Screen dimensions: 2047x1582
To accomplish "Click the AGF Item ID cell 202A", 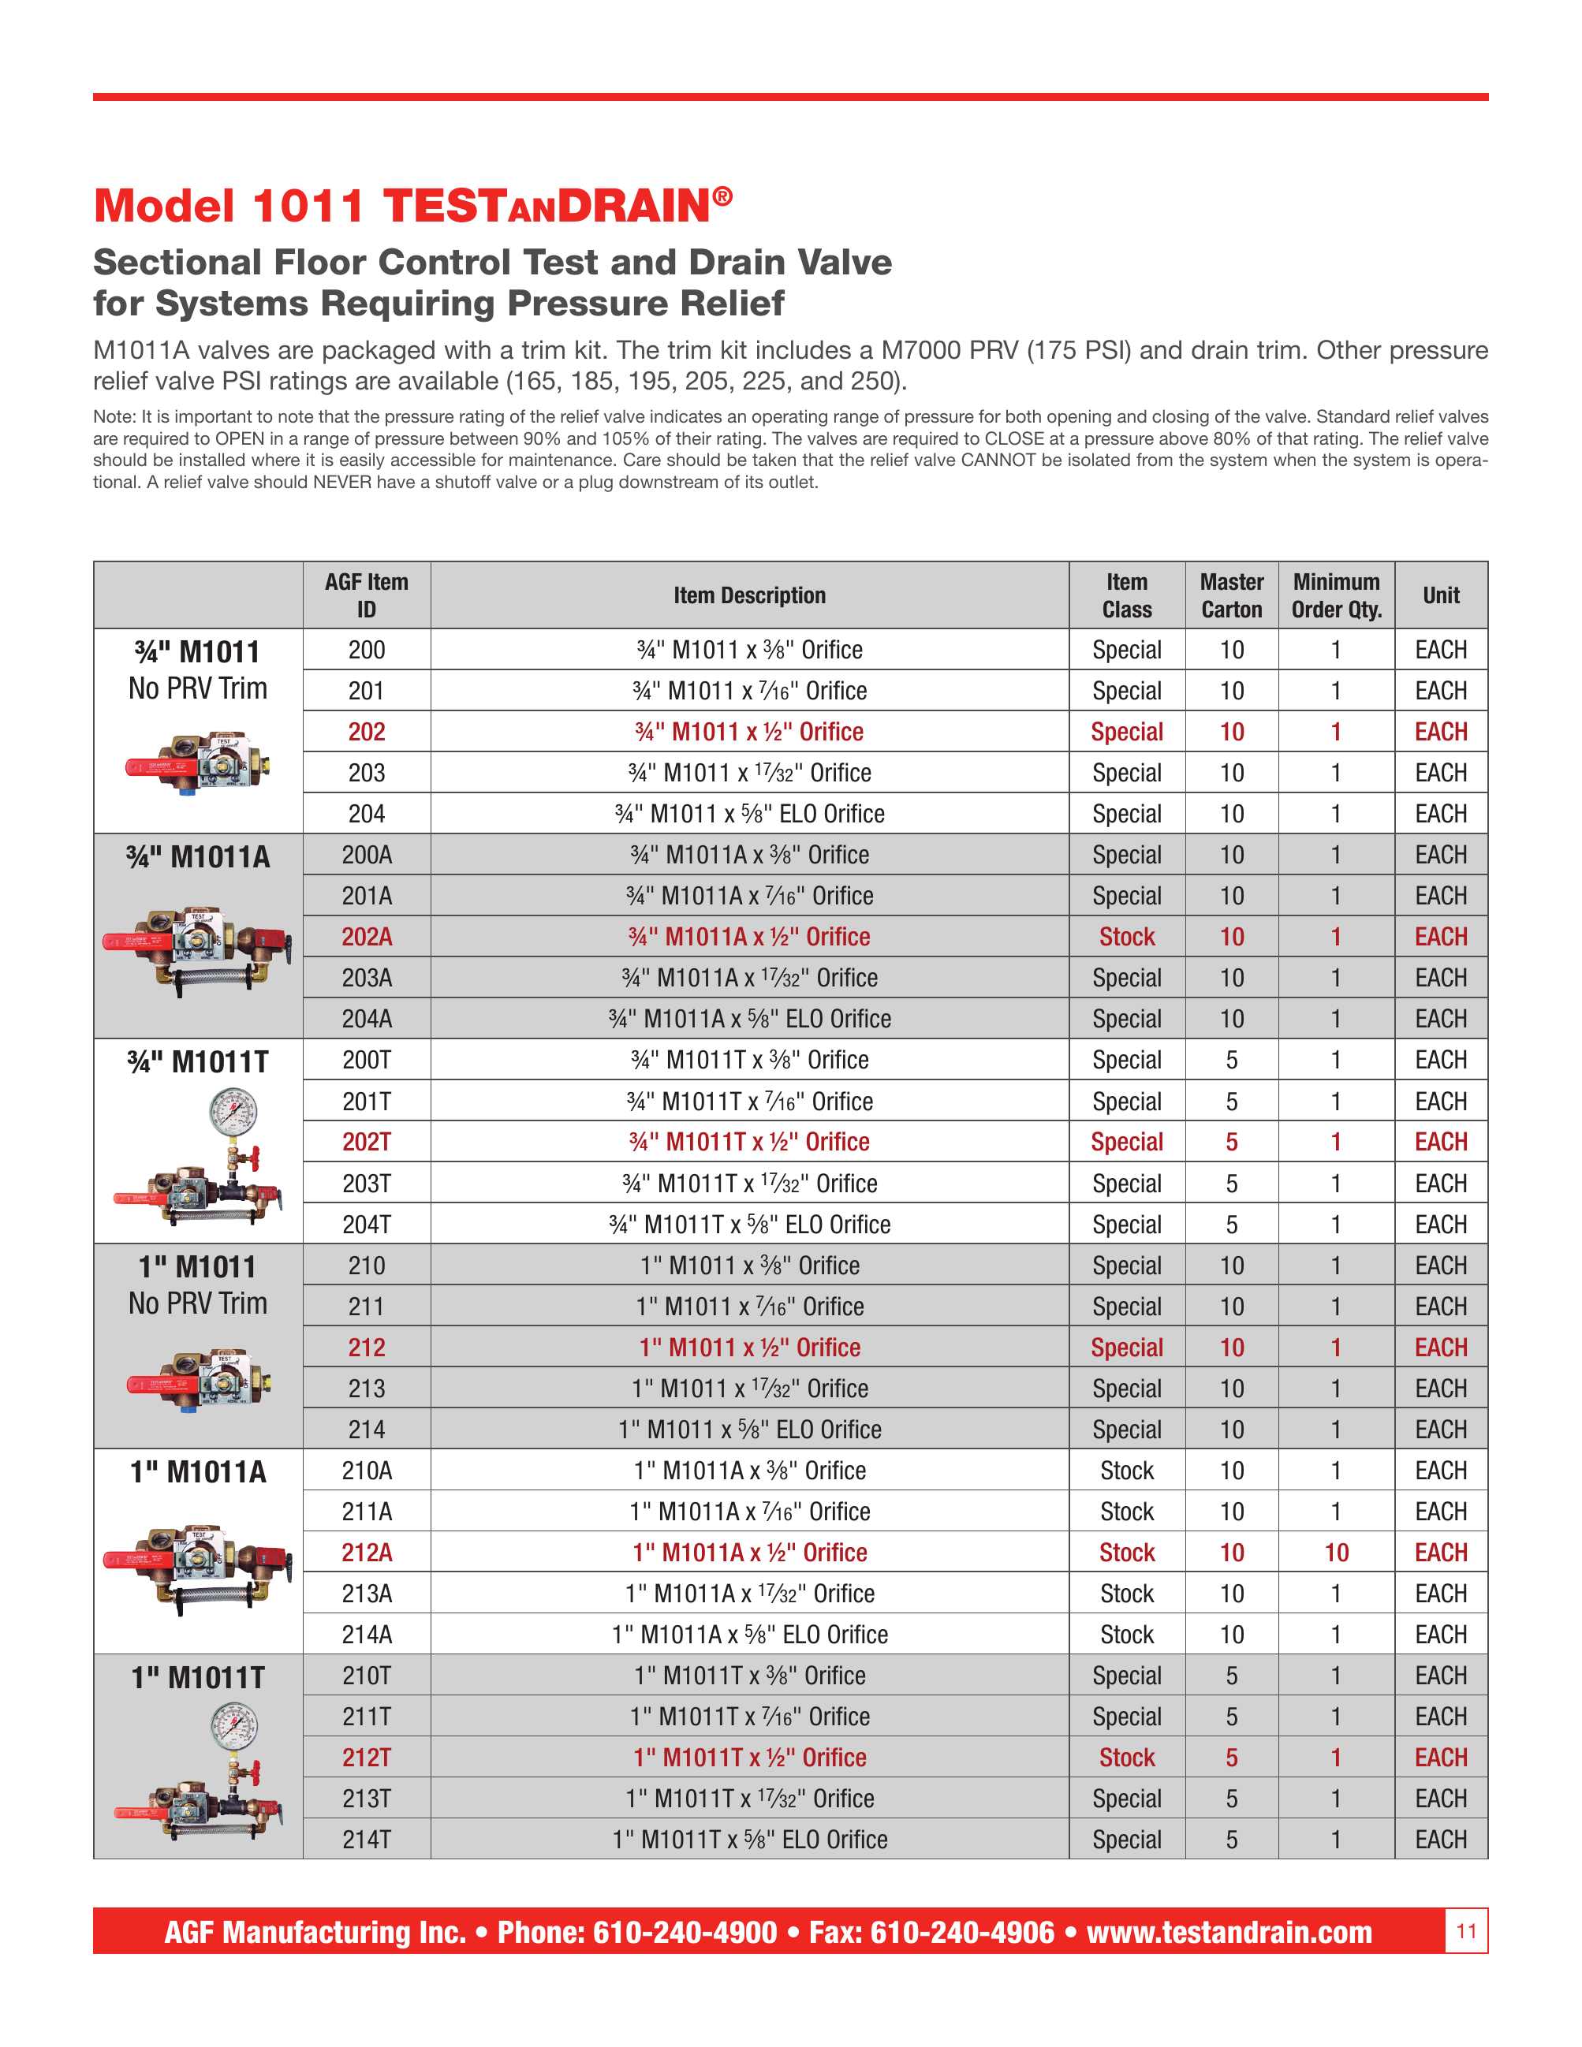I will tap(367, 936).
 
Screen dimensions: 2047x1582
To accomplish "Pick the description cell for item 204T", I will tap(749, 1224).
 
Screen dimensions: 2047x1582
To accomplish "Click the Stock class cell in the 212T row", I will tap(1126, 1758).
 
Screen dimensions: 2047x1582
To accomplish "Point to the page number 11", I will tap(1466, 1931).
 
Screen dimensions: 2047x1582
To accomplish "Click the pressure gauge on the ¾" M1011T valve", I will tap(233, 1112).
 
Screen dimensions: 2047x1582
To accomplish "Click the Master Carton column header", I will tap(1232, 595).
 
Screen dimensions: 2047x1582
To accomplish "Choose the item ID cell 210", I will tap(367, 1266).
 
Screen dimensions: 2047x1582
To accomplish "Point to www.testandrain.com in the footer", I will tap(1229, 1932).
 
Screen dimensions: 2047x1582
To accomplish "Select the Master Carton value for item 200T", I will tap(1232, 1060).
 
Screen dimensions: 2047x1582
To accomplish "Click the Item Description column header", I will tap(749, 595).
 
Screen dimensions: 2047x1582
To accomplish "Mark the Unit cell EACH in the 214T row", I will tap(1441, 1839).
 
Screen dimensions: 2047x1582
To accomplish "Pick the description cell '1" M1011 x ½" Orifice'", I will tap(749, 1347).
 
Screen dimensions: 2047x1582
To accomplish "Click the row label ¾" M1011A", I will tap(198, 856).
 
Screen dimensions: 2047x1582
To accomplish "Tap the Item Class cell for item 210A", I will tap(1126, 1471).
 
